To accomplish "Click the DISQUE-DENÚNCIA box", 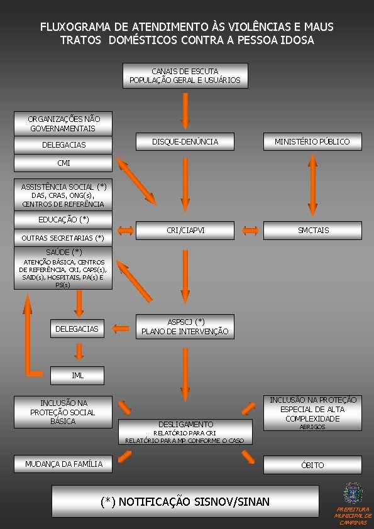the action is coord(185,141).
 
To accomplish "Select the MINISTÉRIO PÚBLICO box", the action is coord(312,141).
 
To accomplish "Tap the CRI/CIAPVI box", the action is coord(185,231).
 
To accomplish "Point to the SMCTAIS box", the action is coord(312,231).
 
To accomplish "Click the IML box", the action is coord(77,376).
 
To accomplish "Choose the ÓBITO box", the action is coord(312,465).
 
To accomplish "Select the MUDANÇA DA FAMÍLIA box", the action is coord(63,464).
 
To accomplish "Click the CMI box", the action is coord(63,163).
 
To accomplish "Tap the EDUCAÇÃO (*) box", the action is coord(63,220).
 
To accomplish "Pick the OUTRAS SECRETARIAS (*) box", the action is coord(63,238).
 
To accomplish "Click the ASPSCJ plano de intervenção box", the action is coord(185,327).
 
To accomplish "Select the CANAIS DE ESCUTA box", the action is coord(185,75).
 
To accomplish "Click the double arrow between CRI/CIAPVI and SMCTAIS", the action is coord(250,231).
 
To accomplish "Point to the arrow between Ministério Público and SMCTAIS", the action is coord(312,185).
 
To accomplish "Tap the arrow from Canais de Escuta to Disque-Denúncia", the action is coord(185,111).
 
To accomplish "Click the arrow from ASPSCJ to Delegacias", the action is coord(121,328).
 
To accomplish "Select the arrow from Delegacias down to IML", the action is coord(79,352).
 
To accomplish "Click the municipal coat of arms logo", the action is coord(353,493).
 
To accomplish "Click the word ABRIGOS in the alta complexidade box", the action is coord(312,427).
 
